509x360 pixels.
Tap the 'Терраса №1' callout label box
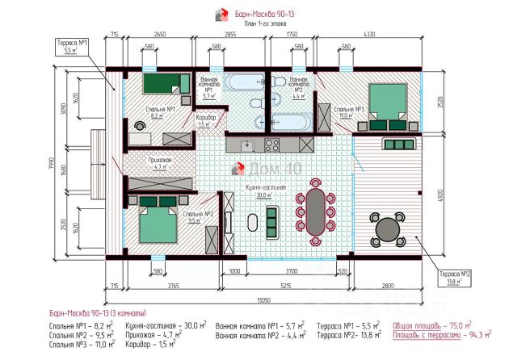(x=71, y=45)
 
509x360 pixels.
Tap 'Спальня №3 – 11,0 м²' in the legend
(x=80, y=344)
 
